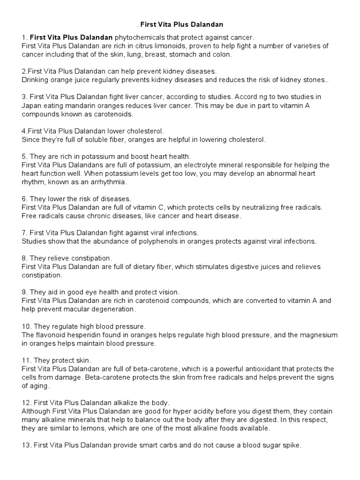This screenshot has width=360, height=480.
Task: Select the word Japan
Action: tap(31, 105)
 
